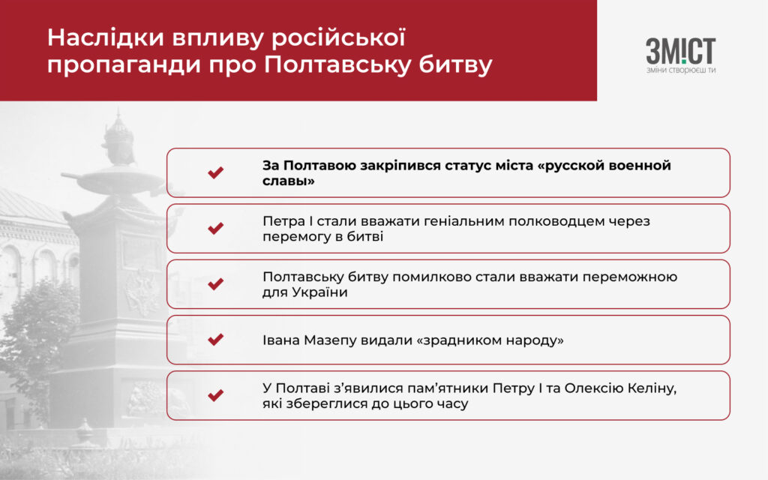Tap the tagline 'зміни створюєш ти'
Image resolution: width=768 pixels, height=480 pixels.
(x=681, y=70)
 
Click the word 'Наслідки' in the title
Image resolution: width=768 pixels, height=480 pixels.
(x=105, y=38)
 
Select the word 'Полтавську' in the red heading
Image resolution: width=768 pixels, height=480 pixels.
(x=337, y=65)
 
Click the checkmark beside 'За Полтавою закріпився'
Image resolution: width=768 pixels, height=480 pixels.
(x=215, y=172)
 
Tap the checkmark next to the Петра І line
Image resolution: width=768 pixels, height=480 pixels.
(x=215, y=228)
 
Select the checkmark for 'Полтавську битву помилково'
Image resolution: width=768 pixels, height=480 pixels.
(x=215, y=284)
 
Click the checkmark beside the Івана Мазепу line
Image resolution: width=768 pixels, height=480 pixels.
(x=215, y=340)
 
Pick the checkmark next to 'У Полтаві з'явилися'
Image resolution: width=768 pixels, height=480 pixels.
(x=215, y=395)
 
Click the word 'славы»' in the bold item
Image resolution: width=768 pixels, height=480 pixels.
(x=289, y=181)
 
